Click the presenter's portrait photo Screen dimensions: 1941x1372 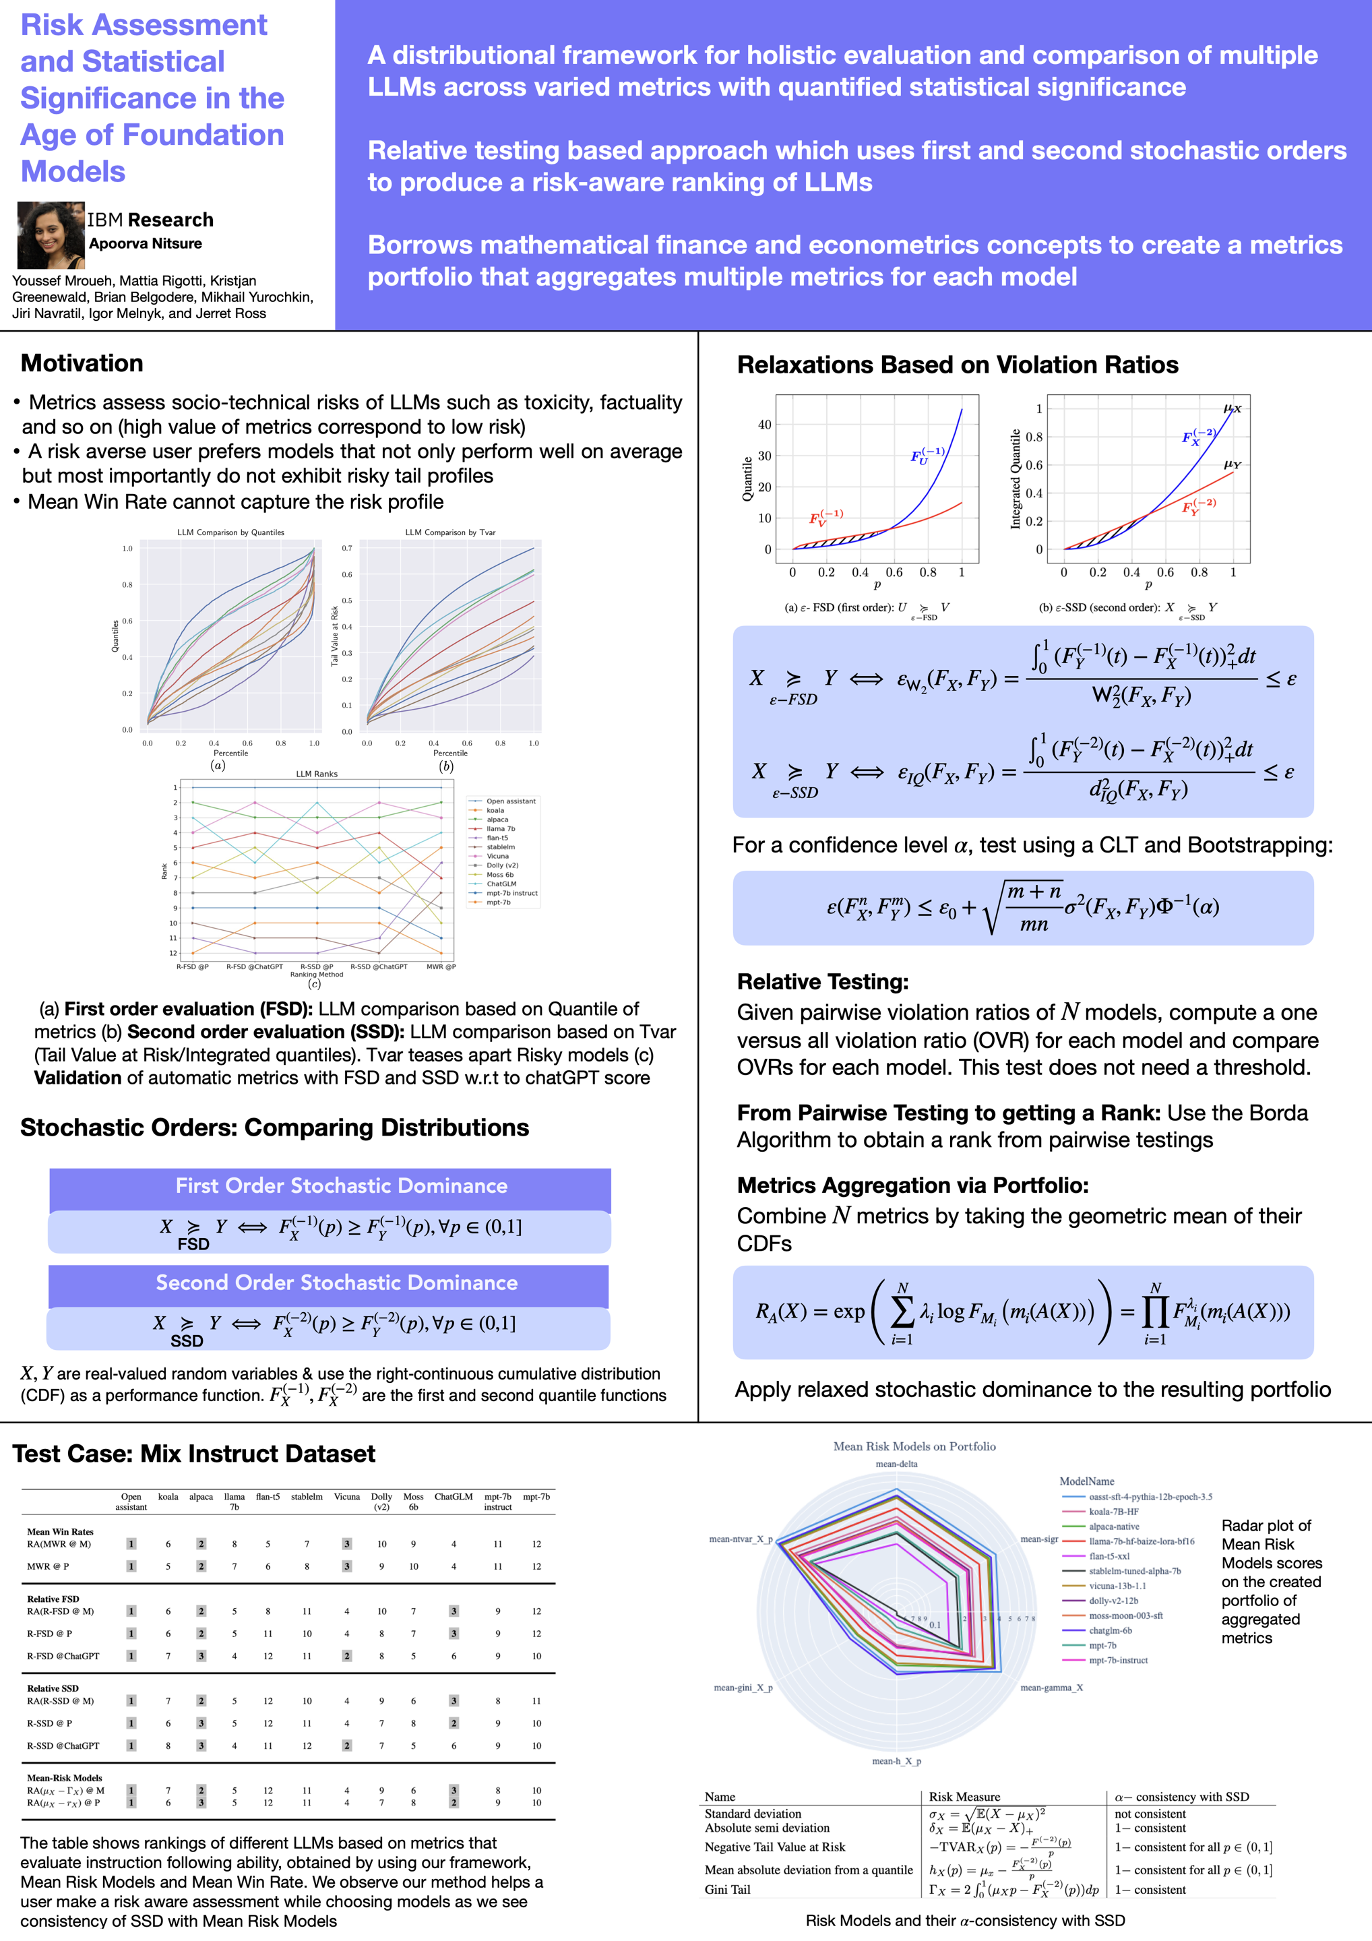point(51,235)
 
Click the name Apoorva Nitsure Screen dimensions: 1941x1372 point(146,243)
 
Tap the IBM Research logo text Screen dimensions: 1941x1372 point(150,220)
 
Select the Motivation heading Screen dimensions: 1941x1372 point(82,363)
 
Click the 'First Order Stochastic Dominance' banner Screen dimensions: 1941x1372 point(342,1186)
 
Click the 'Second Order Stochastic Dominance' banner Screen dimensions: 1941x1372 point(336,1283)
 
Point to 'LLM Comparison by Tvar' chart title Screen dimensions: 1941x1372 point(449,532)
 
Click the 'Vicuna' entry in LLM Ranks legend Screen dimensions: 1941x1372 point(497,857)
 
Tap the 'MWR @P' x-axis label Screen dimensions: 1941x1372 point(441,966)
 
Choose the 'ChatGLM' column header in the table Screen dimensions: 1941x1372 point(453,1497)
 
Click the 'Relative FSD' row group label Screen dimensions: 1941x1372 point(53,1599)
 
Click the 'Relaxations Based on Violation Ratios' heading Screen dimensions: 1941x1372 point(957,365)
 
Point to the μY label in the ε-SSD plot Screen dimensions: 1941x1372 point(1232,465)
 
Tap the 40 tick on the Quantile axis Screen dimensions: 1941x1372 point(764,425)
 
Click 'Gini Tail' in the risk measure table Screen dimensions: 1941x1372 point(727,1889)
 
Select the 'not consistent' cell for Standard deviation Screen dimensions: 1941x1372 point(1150,1814)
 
